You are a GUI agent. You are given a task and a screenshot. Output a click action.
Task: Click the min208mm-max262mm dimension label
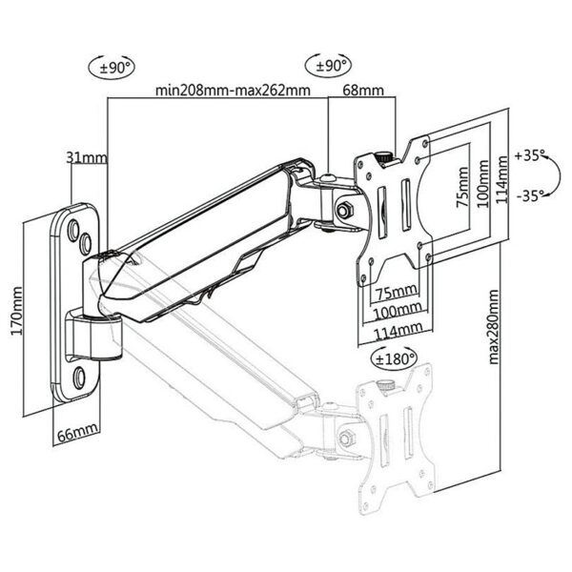click(233, 92)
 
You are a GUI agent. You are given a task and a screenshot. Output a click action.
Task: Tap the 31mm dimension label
click(87, 156)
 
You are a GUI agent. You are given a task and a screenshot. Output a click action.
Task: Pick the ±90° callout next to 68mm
click(333, 67)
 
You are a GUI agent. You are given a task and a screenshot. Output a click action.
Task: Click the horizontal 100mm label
click(395, 311)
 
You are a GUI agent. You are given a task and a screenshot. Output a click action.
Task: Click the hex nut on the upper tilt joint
click(343, 207)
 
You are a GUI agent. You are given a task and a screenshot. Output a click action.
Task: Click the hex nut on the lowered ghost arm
click(344, 439)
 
